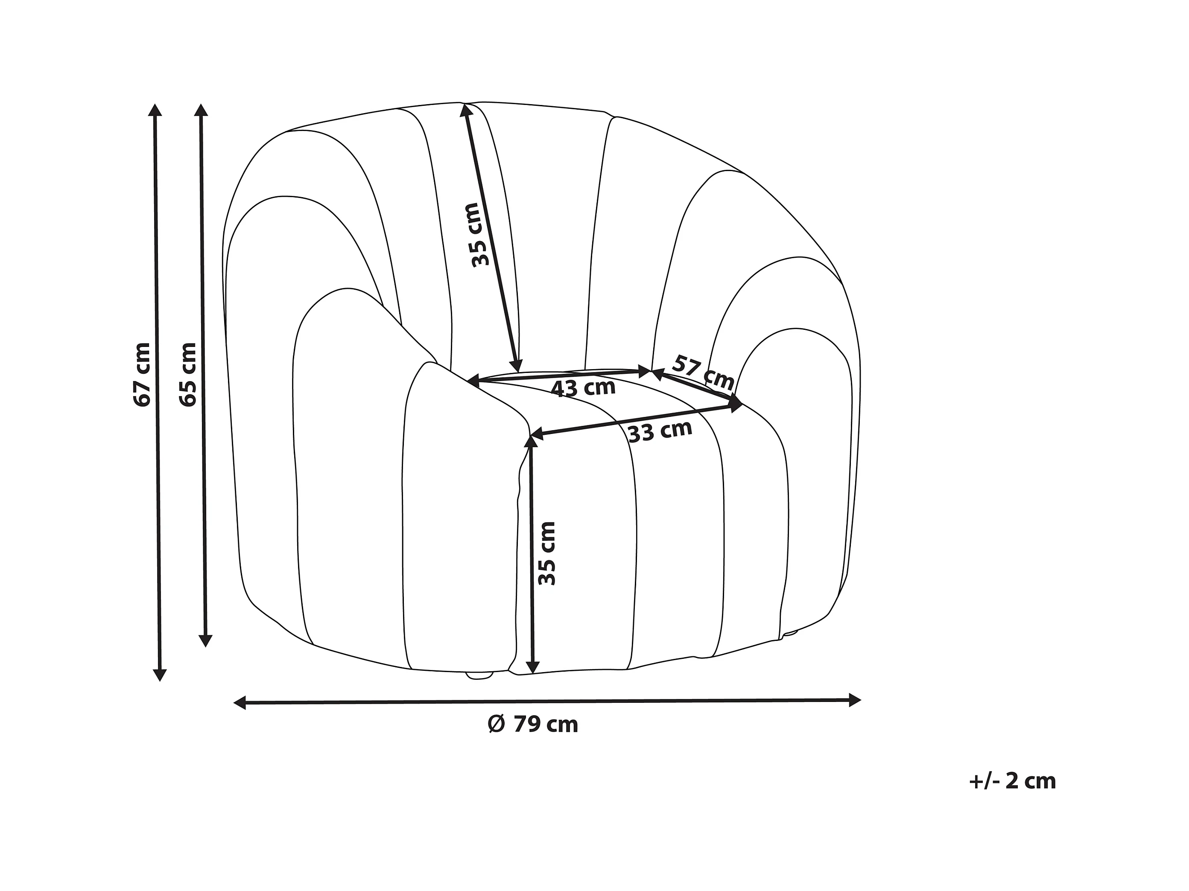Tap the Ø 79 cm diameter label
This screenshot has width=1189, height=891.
coord(533,725)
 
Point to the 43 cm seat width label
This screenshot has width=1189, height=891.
coord(583,387)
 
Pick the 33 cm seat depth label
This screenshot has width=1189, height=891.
coord(660,431)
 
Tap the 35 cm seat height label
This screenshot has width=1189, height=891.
coord(546,553)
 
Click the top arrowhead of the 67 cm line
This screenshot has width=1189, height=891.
coord(155,110)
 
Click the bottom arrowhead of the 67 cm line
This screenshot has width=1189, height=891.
coord(160,675)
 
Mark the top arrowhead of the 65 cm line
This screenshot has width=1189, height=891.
coord(201,110)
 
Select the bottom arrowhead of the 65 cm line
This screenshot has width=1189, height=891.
coord(205,640)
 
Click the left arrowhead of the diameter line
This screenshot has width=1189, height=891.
coord(240,702)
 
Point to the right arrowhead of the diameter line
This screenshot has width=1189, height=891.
coord(854,700)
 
